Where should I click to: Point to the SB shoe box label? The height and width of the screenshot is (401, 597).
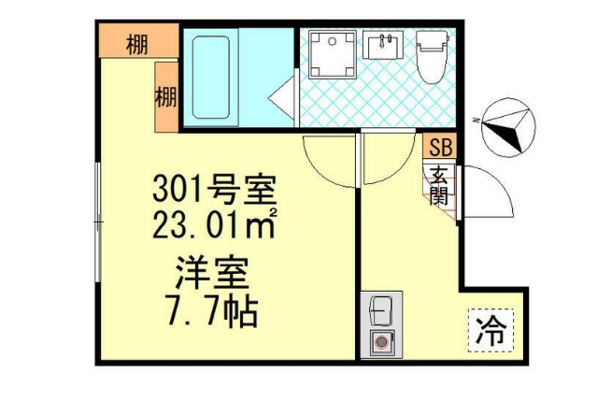click(439, 146)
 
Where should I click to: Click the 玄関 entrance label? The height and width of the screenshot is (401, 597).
click(439, 185)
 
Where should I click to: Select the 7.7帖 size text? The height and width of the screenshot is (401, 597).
click(213, 309)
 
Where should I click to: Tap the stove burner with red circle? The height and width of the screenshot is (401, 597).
click(381, 342)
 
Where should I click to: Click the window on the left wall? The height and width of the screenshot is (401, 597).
click(97, 221)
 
